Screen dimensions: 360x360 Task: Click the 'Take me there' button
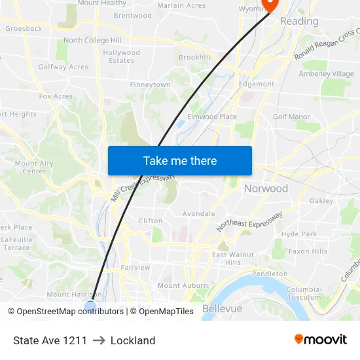(180, 160)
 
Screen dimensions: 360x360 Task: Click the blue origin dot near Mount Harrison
(90, 306)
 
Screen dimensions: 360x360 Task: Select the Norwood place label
(266, 189)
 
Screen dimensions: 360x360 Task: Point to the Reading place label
(299, 21)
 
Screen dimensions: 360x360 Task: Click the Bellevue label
(223, 308)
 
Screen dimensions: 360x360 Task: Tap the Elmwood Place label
(212, 117)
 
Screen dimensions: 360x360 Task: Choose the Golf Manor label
(291, 117)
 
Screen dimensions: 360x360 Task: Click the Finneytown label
(150, 85)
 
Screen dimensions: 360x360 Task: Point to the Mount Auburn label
(178, 285)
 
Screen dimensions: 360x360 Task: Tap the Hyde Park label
(298, 234)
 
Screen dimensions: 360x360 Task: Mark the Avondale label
(198, 213)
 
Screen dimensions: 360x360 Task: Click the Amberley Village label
(326, 74)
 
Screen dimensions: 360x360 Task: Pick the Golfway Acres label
(63, 67)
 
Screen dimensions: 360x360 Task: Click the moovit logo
(321, 340)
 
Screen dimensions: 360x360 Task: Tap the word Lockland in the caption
(133, 340)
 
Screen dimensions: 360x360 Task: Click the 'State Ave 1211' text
(50, 340)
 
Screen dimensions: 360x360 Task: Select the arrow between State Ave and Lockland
(99, 340)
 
